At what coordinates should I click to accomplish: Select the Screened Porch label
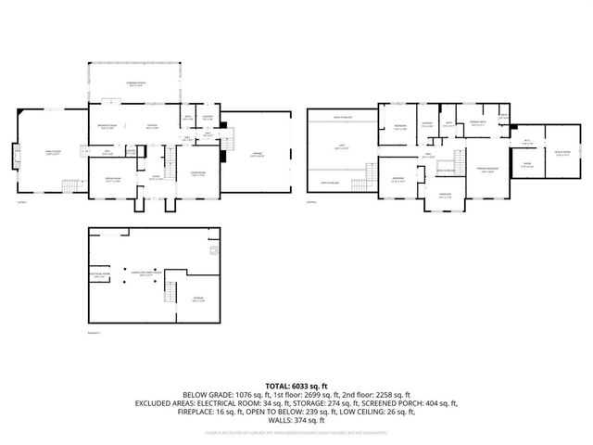pos(136,83)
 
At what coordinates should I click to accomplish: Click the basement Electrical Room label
pos(100,274)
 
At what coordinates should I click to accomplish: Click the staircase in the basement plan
pos(170,294)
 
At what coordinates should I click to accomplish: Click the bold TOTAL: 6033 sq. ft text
pos(296,384)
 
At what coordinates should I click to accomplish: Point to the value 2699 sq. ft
pos(348,394)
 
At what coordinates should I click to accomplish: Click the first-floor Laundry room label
pos(208,117)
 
